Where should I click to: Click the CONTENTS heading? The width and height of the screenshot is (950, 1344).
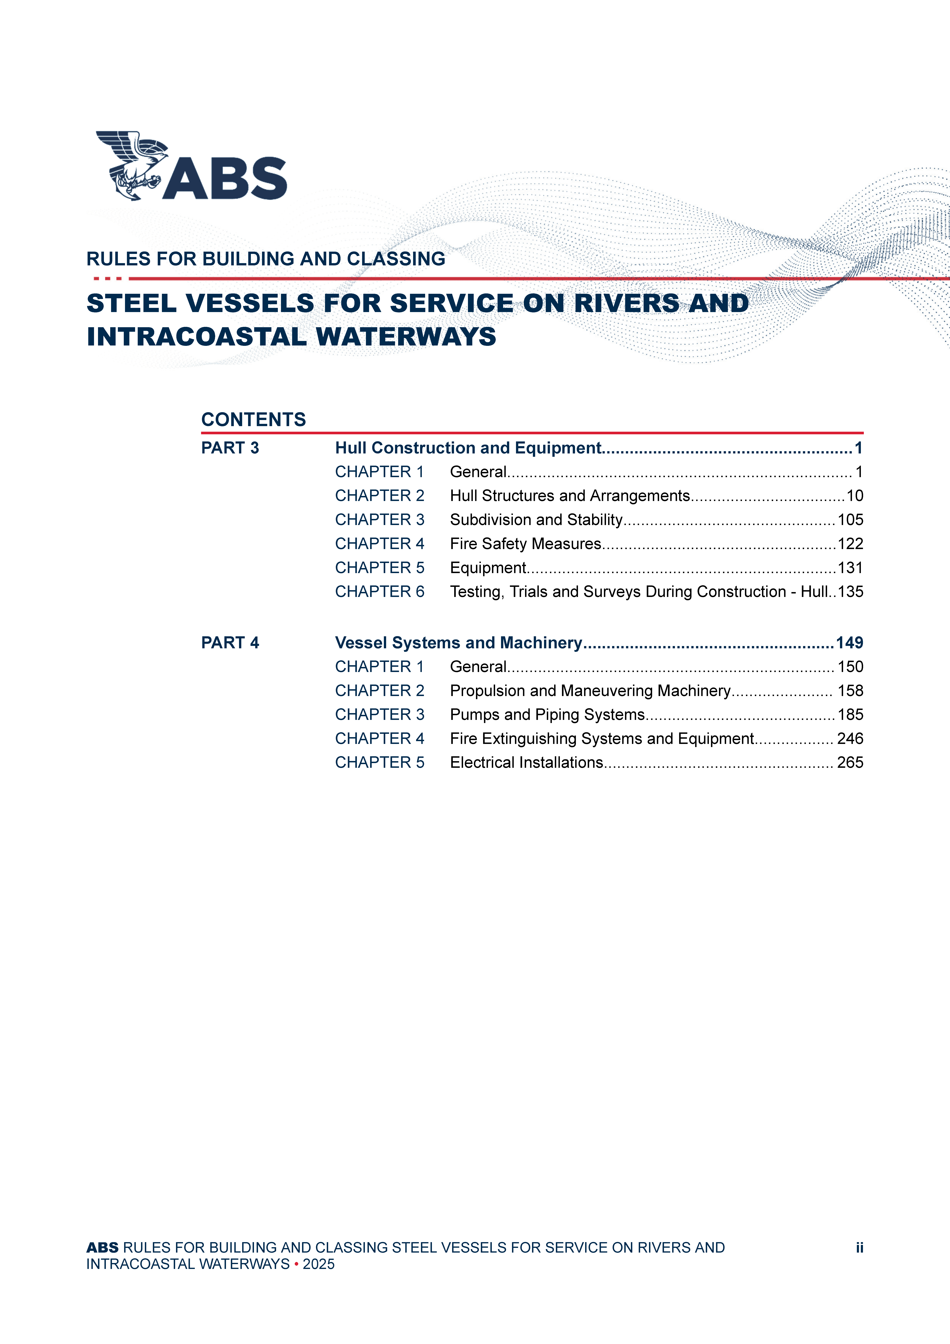click(x=253, y=420)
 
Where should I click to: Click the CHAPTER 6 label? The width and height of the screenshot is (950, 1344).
click(x=379, y=592)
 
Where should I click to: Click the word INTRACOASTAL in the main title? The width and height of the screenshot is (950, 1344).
click(x=196, y=337)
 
